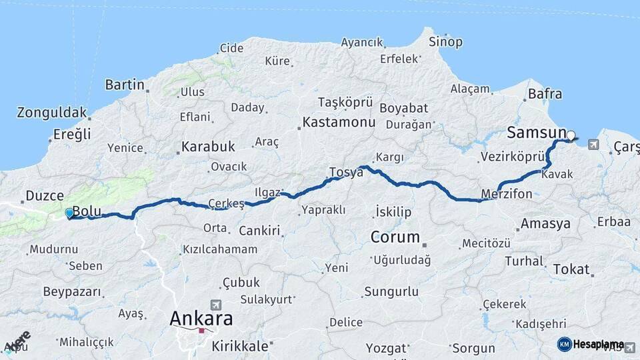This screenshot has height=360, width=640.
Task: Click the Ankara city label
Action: pos(201,319)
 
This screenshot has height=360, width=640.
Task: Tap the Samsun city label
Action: pos(537,133)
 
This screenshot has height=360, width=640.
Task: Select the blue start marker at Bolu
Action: pos(69,213)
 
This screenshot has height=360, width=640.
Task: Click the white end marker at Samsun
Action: pos(571,135)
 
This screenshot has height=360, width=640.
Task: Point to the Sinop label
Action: pos(445,42)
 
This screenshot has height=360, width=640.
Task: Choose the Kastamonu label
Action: pos(339,123)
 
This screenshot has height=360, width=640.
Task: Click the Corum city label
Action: pos(395,237)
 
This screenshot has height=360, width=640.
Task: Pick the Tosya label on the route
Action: pos(346,172)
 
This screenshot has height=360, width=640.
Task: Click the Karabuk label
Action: pos(209,146)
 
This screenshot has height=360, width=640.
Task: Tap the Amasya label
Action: pos(546,223)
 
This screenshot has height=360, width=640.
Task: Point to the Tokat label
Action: pos(571,269)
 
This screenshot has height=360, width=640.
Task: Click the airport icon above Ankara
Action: pos(215,303)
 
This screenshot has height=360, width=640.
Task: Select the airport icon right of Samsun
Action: pos(593,144)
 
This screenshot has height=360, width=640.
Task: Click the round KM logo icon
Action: pos(565,344)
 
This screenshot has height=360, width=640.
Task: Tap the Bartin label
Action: pos(125,85)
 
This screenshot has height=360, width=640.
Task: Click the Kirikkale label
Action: pos(240,346)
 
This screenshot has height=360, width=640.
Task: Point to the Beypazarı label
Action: pos(72,292)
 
